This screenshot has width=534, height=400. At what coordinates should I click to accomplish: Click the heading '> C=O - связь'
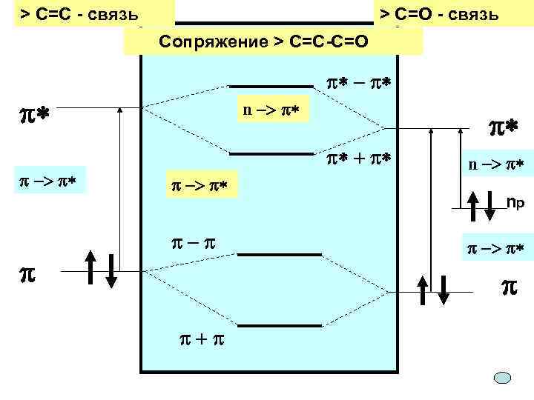click(x=440, y=14)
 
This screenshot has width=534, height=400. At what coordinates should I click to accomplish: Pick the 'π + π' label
click(x=199, y=339)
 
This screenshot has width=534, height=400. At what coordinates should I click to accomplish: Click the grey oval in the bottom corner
click(x=504, y=378)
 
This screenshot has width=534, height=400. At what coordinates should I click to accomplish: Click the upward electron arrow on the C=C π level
click(x=90, y=270)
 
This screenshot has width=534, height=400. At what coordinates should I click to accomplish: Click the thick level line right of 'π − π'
click(x=279, y=255)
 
